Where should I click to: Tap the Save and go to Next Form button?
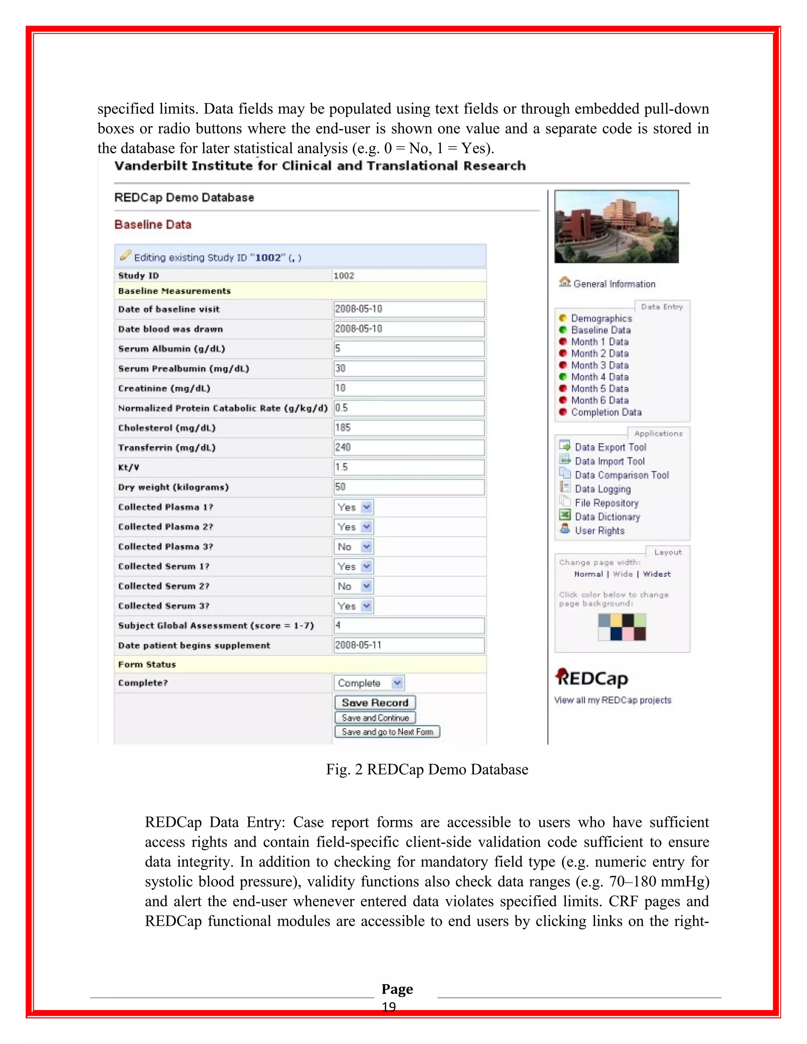[x=387, y=732]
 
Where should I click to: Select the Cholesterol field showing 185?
[x=409, y=428]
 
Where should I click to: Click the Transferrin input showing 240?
[x=409, y=448]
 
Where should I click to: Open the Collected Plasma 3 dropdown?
[x=354, y=546]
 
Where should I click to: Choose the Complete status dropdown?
[x=368, y=683]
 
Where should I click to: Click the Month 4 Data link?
[x=599, y=377]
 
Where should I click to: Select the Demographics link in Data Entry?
[x=601, y=318]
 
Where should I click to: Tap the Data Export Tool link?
[x=610, y=448]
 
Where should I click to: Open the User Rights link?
[x=599, y=531]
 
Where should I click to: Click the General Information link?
[x=614, y=284]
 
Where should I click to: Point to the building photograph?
[x=616, y=227]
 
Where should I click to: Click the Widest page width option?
[x=656, y=574]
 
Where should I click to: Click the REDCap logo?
[x=592, y=678]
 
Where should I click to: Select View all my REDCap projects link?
[x=612, y=700]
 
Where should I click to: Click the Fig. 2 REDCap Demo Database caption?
[x=427, y=769]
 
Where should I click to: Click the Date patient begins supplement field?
[x=409, y=645]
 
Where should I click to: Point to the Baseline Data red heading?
[x=152, y=225]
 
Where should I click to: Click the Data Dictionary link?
[x=607, y=517]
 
